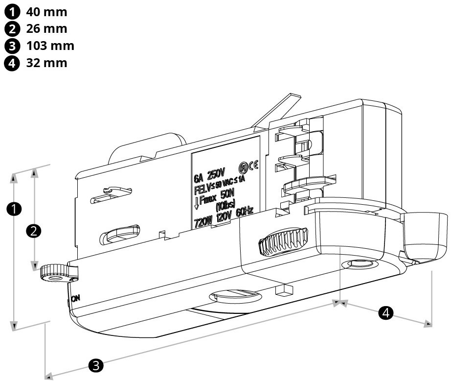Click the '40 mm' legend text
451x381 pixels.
46,11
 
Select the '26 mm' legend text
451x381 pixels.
46,28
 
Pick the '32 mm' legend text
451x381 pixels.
46,63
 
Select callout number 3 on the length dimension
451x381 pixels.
95,365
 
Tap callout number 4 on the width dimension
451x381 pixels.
387,312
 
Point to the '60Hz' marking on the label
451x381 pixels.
244,212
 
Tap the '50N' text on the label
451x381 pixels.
228,194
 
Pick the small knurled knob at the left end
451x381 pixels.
53,273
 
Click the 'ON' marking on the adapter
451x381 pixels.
75,298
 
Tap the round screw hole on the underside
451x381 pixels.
361,265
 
